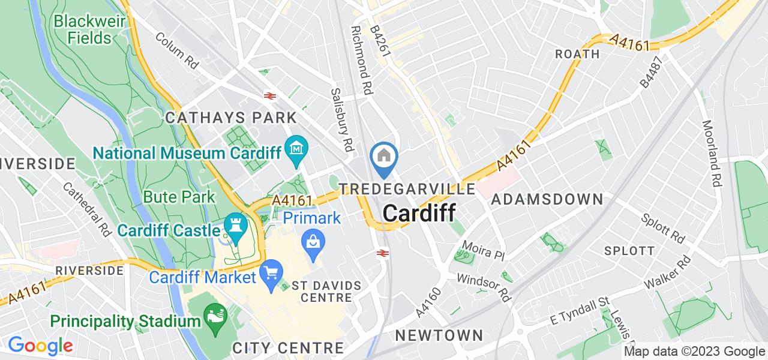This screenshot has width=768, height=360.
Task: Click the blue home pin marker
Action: click(x=383, y=157)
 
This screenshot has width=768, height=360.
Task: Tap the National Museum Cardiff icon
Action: click(x=296, y=146)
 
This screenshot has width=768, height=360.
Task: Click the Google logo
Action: click(x=40, y=346)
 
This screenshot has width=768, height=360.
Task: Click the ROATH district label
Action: click(x=577, y=54)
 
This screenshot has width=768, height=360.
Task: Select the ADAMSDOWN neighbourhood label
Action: click(x=547, y=200)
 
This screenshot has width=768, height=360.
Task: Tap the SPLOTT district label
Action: click(x=629, y=251)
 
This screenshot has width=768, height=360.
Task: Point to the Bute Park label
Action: click(x=179, y=197)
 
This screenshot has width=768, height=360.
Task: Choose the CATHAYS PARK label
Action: click(x=231, y=117)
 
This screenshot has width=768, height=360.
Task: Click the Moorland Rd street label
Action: click(x=712, y=154)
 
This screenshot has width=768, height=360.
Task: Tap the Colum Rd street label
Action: click(x=176, y=52)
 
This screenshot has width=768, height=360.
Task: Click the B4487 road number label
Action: click(x=653, y=73)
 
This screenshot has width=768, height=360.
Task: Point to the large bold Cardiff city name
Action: click(x=418, y=214)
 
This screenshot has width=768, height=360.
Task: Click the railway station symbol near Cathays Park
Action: click(x=269, y=95)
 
